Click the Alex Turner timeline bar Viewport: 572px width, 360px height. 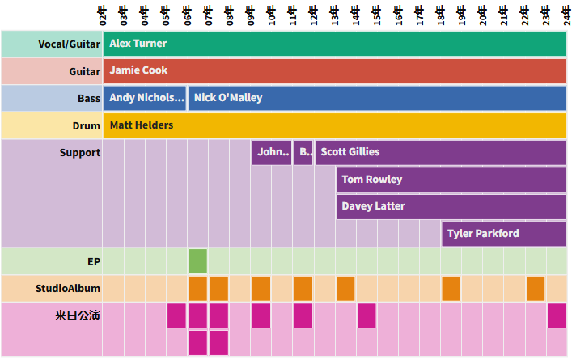[x=334, y=44]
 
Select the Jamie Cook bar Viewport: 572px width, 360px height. [x=334, y=70]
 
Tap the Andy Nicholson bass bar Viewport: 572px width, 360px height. [x=145, y=98]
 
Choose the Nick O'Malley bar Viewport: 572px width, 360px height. [x=377, y=98]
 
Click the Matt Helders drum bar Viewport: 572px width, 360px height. [x=334, y=125]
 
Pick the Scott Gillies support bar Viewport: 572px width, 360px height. [x=440, y=152]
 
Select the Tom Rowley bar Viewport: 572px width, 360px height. [x=451, y=180]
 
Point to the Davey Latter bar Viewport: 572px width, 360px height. [x=451, y=206]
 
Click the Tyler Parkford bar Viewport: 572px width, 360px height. [x=503, y=234]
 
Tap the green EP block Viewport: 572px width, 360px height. [x=197, y=261]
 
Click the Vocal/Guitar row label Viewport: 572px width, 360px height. [x=69, y=44]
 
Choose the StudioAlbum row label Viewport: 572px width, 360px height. [x=68, y=289]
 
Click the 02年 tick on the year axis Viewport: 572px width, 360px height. [x=103, y=15]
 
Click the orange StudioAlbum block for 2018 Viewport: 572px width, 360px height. [x=451, y=289]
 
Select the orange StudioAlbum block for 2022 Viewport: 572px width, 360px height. [x=536, y=289]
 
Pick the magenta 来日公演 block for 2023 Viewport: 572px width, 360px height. [x=557, y=316]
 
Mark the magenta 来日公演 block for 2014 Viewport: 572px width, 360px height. [x=367, y=316]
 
